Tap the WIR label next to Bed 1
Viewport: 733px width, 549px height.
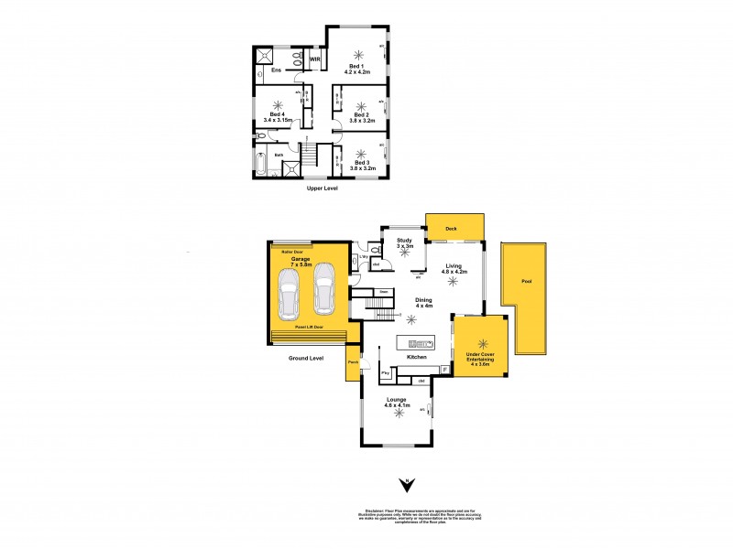click(x=314, y=59)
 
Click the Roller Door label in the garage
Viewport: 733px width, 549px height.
click(x=293, y=248)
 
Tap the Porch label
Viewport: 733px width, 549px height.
click(x=353, y=362)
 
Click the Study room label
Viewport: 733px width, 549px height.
click(x=405, y=241)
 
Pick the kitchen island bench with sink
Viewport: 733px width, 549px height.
click(x=419, y=343)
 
